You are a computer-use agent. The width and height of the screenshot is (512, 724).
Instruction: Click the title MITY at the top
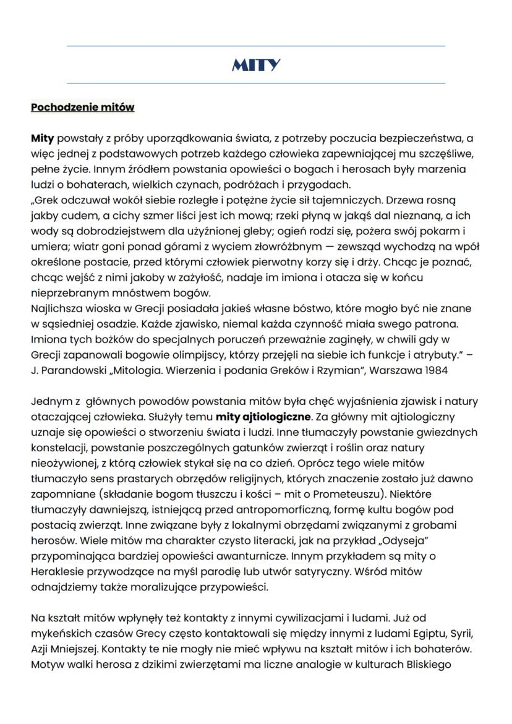pyautogui.click(x=255, y=65)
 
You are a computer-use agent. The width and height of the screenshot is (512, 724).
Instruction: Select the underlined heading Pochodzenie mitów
pyautogui.click(x=82, y=107)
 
